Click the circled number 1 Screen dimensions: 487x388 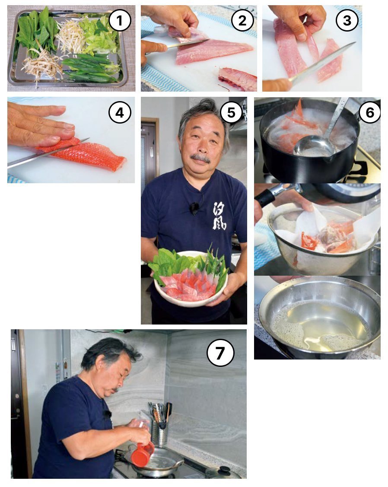(119, 21)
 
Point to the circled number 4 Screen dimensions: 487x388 (120, 112)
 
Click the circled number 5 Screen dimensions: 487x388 (231, 112)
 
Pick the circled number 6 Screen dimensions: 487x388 (369, 112)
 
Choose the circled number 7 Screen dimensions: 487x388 (220, 353)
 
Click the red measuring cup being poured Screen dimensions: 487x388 (142, 454)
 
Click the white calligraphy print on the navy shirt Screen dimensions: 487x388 (219, 216)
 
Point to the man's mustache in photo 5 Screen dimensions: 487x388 (201, 159)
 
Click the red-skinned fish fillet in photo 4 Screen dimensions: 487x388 (86, 154)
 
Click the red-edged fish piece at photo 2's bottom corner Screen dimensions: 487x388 (238, 79)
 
